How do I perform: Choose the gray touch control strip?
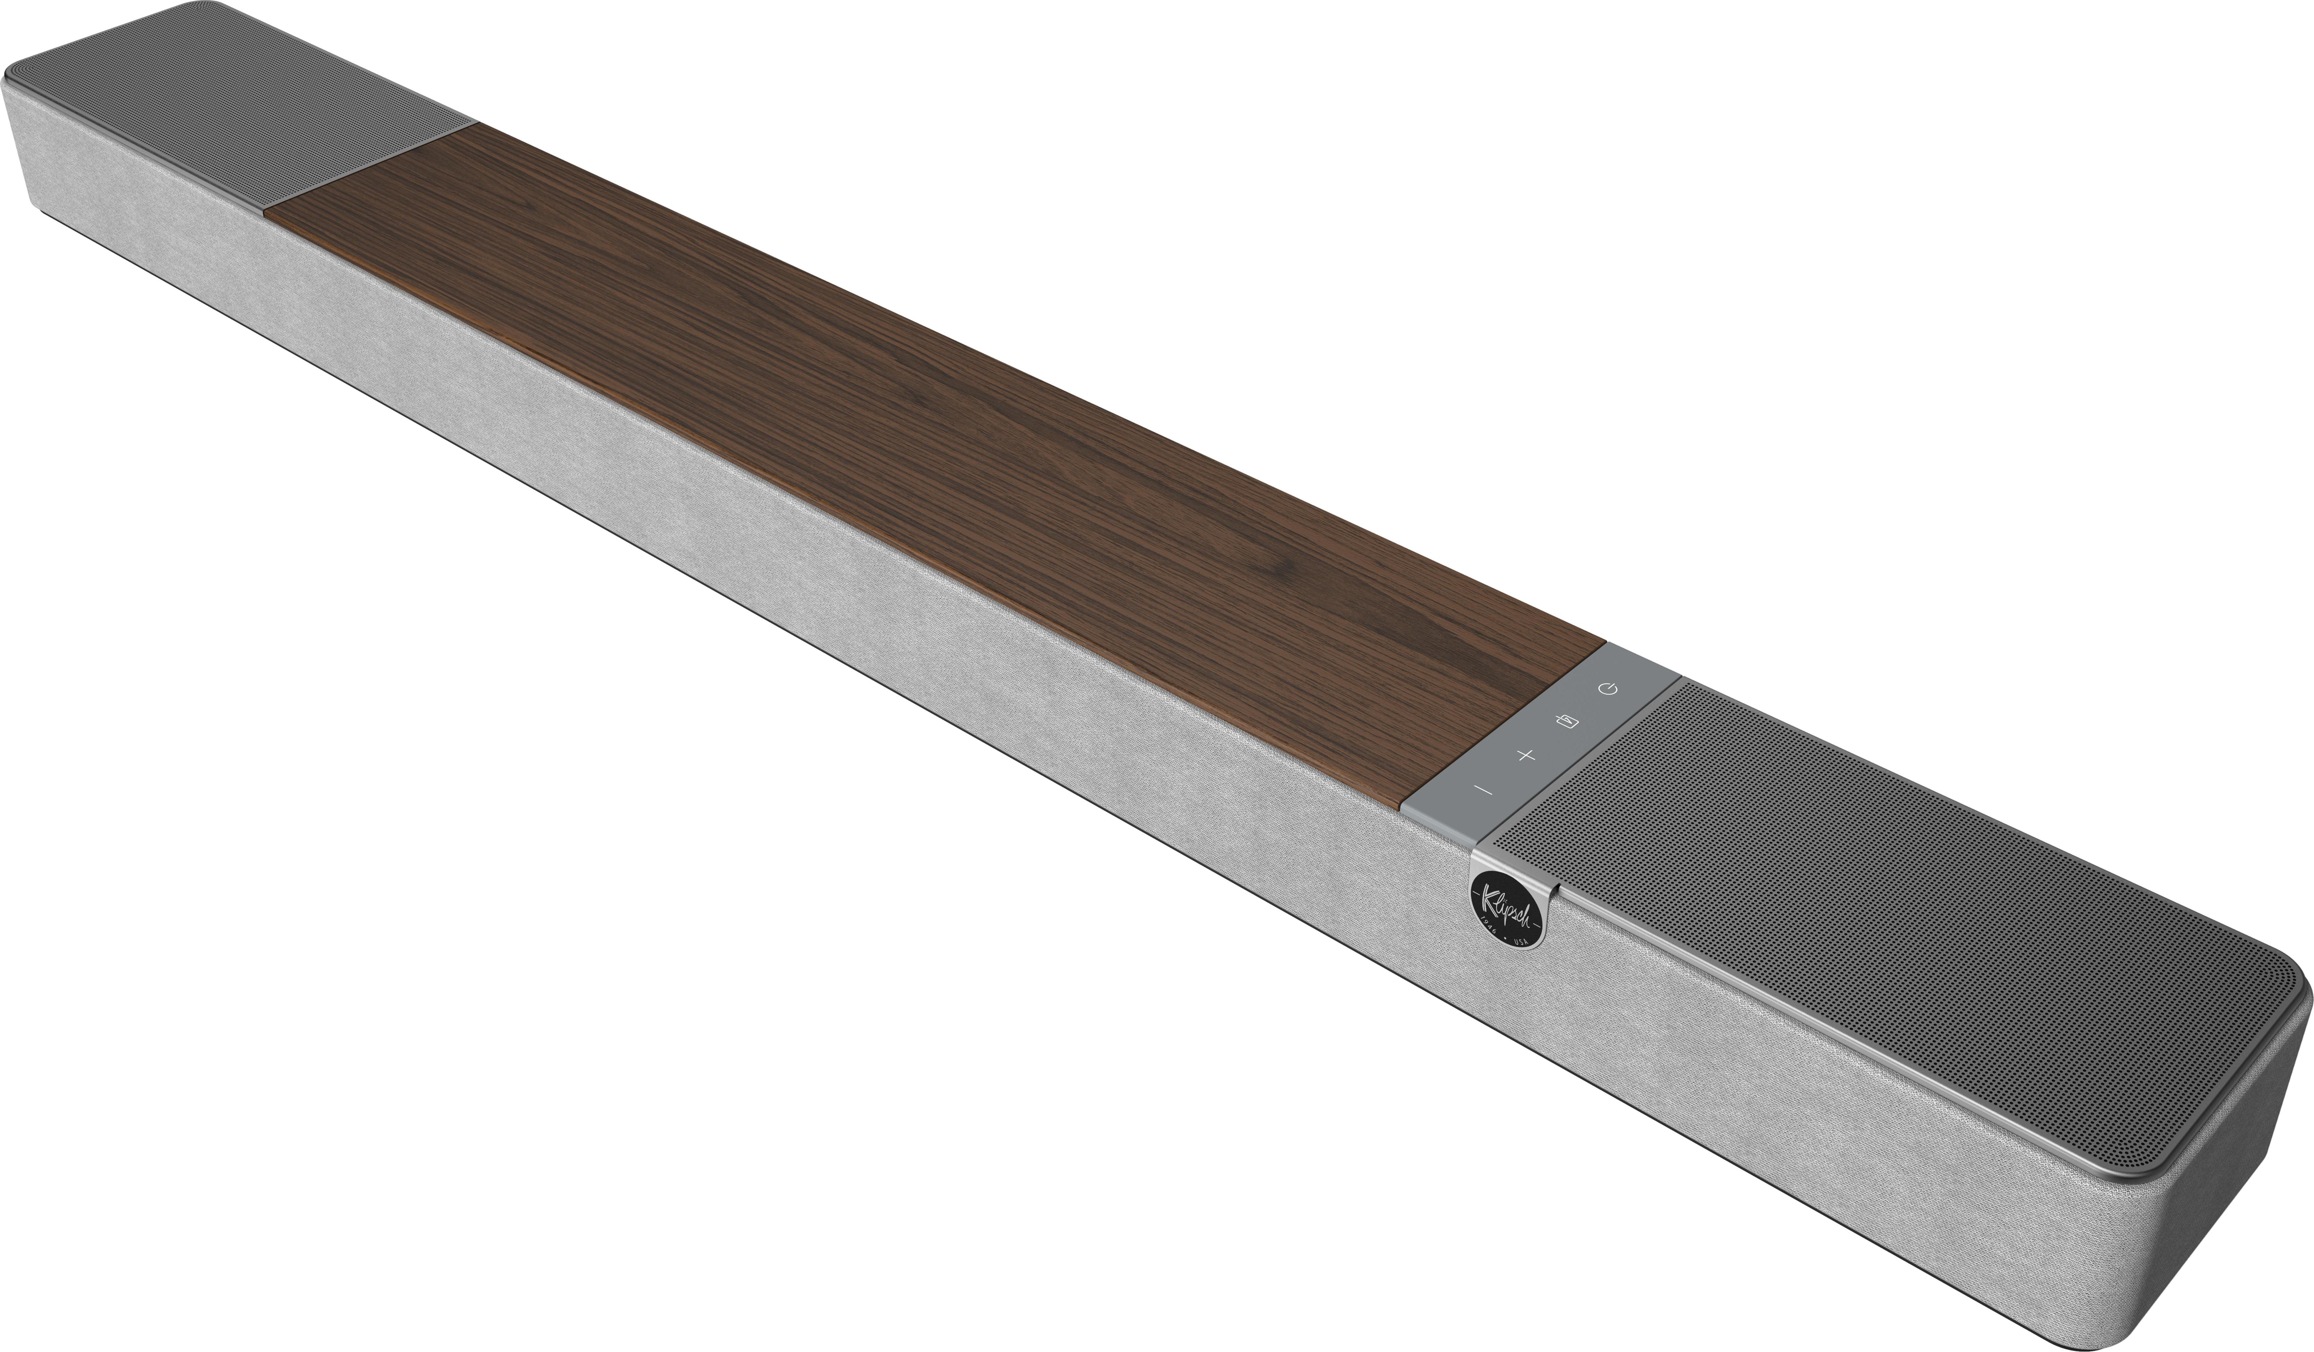coord(1543,735)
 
